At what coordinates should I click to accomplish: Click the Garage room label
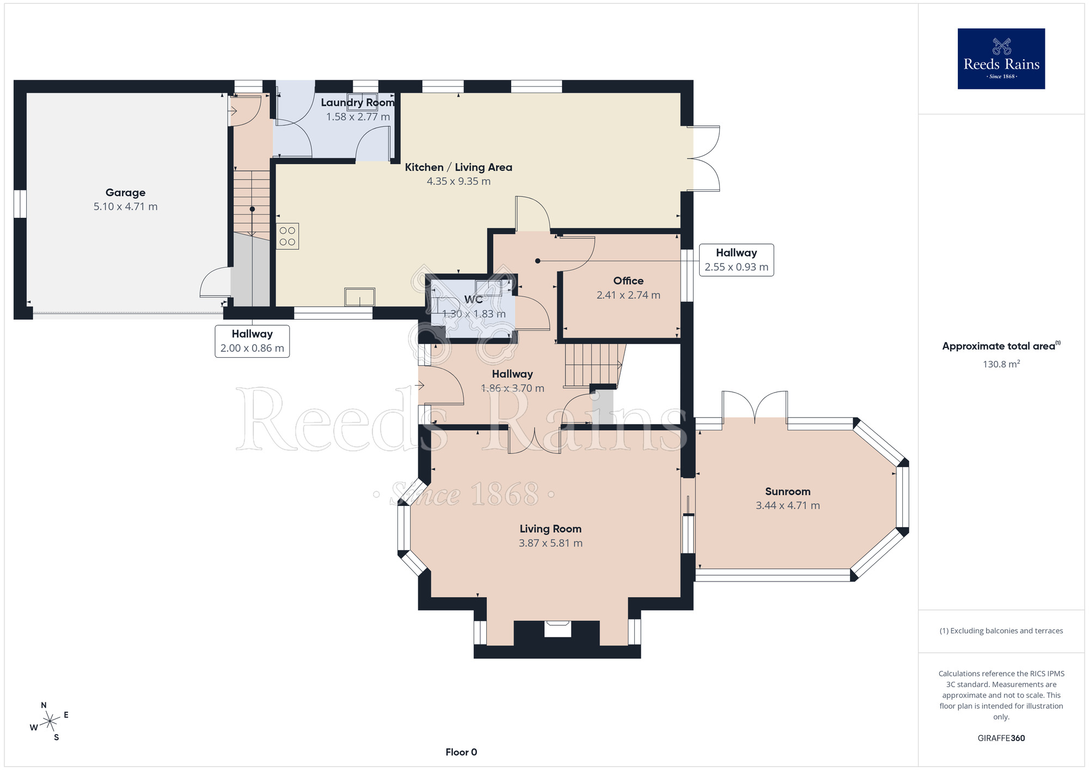click(x=125, y=192)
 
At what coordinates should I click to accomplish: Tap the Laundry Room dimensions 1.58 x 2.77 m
click(x=358, y=117)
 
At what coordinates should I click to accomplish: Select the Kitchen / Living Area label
click(x=458, y=167)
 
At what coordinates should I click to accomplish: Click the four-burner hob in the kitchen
click(x=287, y=236)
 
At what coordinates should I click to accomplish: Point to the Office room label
click(x=628, y=280)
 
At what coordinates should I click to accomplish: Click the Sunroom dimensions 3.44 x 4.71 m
click(x=787, y=505)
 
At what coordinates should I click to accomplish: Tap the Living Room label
click(x=550, y=529)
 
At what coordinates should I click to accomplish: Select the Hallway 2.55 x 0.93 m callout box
click(x=736, y=260)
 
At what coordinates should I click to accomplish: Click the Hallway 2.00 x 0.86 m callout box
click(x=252, y=341)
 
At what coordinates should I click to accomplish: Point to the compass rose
click(x=50, y=722)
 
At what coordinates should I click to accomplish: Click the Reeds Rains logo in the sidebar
click(x=1001, y=59)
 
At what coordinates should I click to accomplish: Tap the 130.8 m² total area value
click(x=1001, y=364)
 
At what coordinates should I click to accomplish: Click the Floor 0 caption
click(x=461, y=752)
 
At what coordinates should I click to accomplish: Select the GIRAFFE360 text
click(x=1001, y=738)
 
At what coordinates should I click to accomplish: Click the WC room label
click(x=473, y=300)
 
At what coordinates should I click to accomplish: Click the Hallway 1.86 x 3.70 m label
click(x=512, y=381)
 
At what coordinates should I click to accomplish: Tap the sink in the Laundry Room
click(x=362, y=102)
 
